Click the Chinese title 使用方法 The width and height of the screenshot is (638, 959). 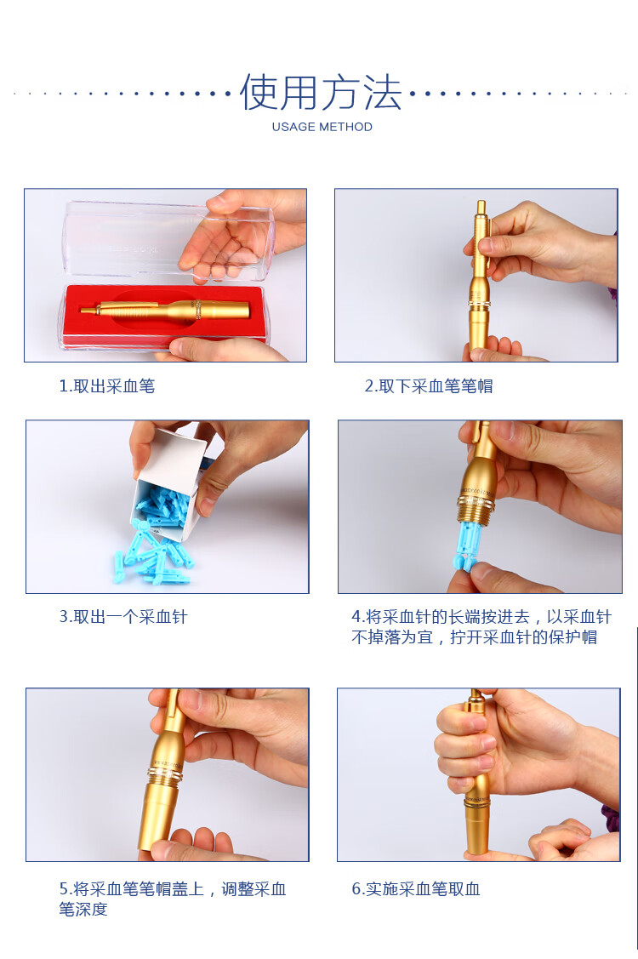[321, 92]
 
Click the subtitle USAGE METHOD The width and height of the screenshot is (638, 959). [322, 127]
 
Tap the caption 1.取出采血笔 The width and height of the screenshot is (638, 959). [106, 385]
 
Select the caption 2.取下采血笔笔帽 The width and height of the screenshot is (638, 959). [428, 385]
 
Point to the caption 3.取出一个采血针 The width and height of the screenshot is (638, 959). [122, 617]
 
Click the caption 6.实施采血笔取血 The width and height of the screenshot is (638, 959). [415, 888]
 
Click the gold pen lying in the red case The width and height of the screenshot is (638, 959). [170, 309]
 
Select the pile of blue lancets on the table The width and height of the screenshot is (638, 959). [153, 557]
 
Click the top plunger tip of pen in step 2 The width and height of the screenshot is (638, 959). [481, 207]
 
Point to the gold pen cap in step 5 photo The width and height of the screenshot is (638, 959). [160, 808]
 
